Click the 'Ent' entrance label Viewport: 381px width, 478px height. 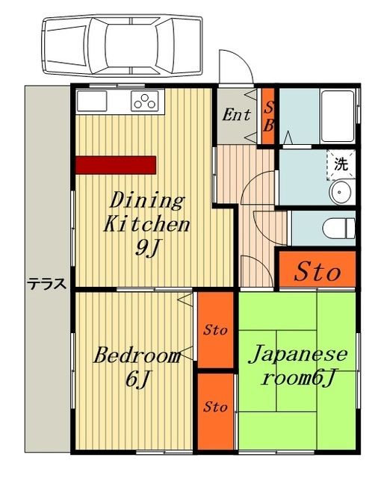click(x=237, y=114)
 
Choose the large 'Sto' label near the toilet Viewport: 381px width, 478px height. click(x=316, y=272)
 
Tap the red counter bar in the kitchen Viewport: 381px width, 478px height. click(x=115, y=164)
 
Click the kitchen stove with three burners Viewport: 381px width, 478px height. click(x=146, y=100)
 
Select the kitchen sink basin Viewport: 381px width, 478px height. click(x=93, y=101)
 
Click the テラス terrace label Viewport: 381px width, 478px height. click(x=47, y=284)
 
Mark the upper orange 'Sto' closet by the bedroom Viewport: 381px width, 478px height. click(x=216, y=330)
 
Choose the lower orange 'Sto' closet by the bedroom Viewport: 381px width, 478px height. click(x=216, y=408)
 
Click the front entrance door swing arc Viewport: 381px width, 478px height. click(x=235, y=66)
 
